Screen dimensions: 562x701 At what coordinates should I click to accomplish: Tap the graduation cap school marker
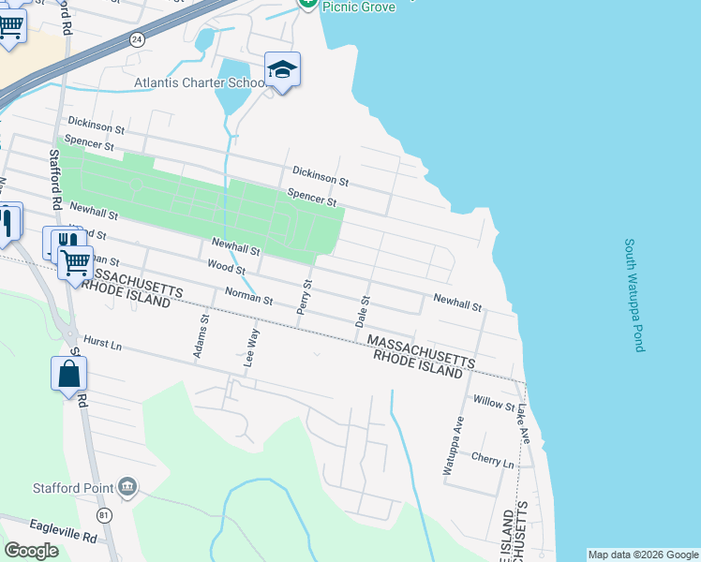coord(282,69)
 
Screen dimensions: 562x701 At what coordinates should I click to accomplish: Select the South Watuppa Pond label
coord(634,294)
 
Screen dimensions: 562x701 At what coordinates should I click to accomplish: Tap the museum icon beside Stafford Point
coord(127,487)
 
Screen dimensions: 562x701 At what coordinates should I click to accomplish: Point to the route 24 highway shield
coord(137,39)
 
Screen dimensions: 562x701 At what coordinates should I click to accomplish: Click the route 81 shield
coord(103,515)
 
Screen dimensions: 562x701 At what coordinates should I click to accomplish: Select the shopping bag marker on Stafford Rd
coord(69,375)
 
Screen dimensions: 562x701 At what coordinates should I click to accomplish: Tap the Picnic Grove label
coord(359,7)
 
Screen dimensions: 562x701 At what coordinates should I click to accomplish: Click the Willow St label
coord(494,405)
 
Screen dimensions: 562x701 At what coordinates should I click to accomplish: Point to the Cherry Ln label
coord(494,463)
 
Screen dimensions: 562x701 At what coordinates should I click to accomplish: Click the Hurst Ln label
coord(103,346)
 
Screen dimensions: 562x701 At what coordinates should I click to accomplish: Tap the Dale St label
coord(362,311)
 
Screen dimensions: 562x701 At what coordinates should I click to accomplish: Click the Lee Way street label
coord(251,346)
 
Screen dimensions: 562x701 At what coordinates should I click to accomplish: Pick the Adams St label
coord(201,336)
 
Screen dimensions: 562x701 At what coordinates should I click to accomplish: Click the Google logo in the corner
coord(32,551)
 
